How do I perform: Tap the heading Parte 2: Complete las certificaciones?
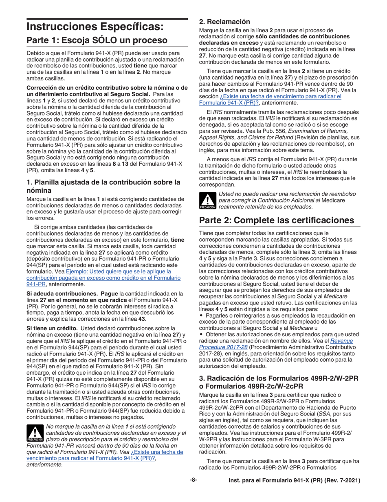pos(277,220)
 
